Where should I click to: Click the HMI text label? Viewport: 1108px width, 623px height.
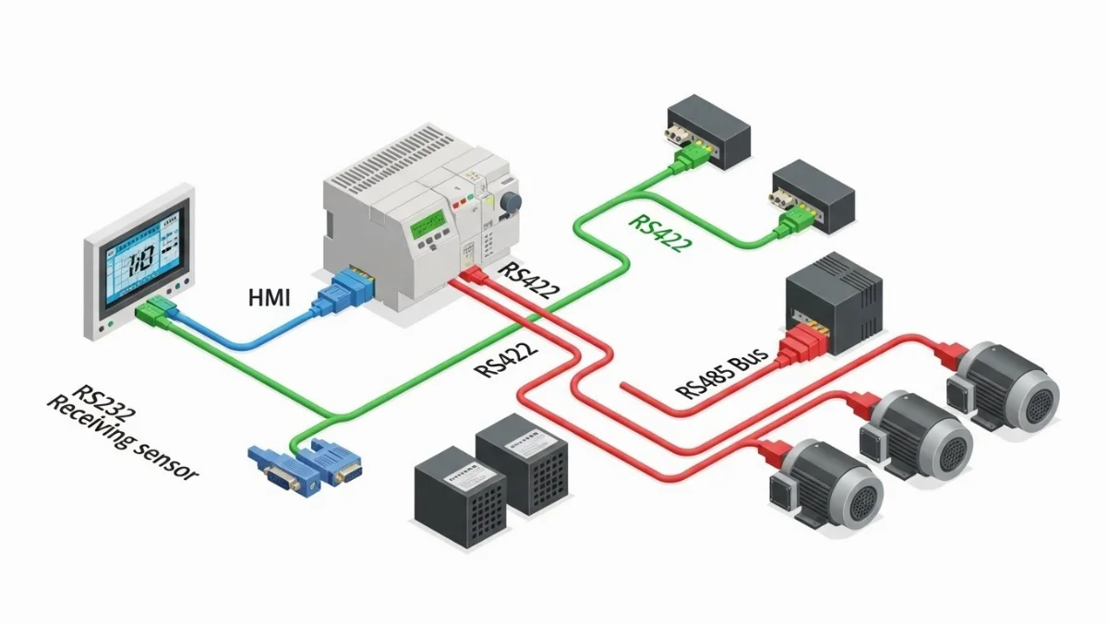coord(269,297)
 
